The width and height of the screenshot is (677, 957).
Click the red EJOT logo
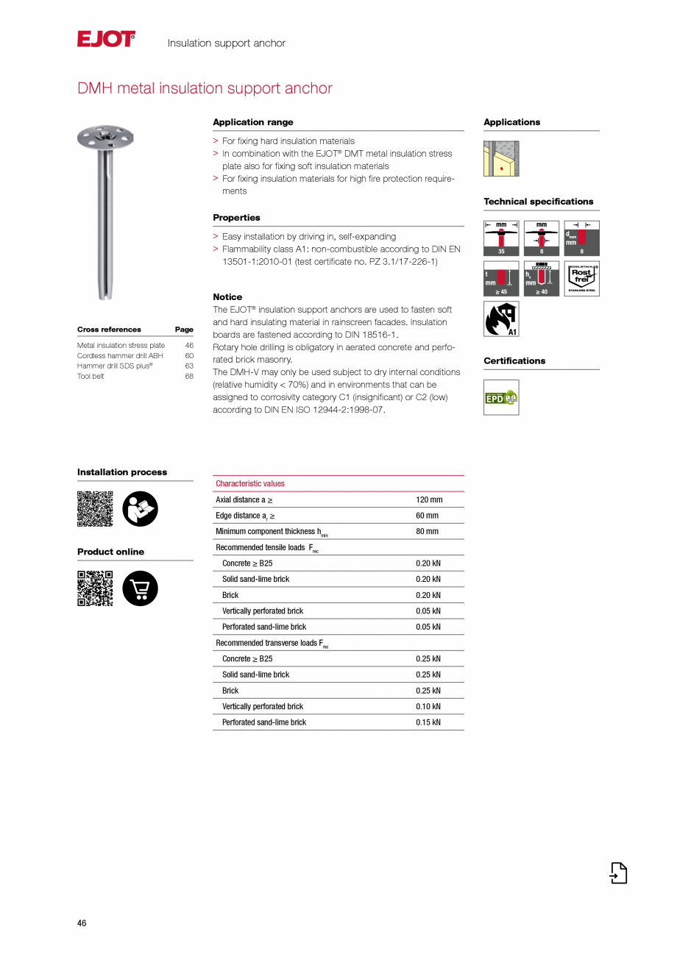106,39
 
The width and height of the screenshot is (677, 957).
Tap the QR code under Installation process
95,508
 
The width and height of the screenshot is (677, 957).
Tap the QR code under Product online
95,588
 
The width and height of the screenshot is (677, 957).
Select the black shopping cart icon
140,588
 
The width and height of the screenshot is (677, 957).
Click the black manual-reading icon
140,508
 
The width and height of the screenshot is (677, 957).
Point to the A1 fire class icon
501,319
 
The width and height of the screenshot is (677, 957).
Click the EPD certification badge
501,397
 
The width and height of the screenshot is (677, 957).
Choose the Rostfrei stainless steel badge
581,279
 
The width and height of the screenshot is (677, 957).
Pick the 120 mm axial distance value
429,500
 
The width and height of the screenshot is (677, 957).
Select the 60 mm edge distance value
427,516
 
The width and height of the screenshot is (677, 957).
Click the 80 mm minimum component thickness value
427,532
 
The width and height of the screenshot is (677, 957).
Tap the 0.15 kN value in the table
428,722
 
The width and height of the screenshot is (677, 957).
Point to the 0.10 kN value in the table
428,707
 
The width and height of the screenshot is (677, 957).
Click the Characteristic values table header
250,484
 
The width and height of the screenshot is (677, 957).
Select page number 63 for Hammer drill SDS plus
189,366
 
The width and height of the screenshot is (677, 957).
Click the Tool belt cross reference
91,376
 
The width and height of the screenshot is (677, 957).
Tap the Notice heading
227,297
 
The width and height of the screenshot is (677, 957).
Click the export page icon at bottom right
618,872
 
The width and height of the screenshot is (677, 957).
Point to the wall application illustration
501,158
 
